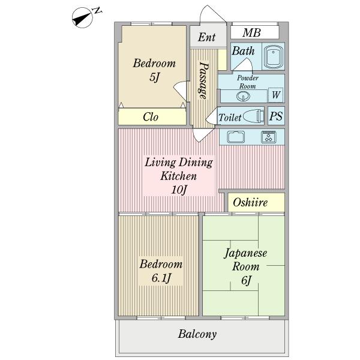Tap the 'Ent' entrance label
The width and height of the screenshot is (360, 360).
coord(206,37)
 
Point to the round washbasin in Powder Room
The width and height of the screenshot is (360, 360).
coord(232,95)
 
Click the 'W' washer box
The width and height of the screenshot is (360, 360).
coord(276,95)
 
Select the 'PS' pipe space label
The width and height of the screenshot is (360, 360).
coord(276,116)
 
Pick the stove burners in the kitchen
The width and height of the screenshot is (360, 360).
coord(268,137)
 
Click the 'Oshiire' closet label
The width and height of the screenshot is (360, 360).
coord(250,202)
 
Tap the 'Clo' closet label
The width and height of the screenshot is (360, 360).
coord(151,117)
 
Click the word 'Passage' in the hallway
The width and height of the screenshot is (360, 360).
coord(203,80)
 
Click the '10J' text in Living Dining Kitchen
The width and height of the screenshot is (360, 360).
coord(178,190)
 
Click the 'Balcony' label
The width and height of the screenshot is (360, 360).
coord(197,334)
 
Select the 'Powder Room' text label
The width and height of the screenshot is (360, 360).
coord(247,82)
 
